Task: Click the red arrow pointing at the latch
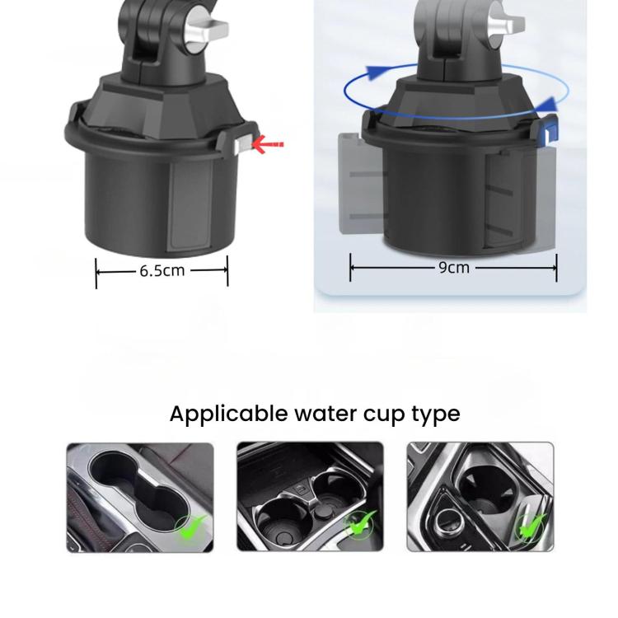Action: point(268,145)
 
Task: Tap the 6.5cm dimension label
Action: point(162,271)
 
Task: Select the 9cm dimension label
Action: point(454,268)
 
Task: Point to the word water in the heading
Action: point(326,414)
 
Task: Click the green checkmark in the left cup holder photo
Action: point(192,527)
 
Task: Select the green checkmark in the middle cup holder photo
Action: point(361,523)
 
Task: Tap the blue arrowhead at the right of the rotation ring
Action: point(549,104)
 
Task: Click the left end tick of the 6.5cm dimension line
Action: point(96,273)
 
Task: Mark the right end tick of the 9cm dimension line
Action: point(556,268)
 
